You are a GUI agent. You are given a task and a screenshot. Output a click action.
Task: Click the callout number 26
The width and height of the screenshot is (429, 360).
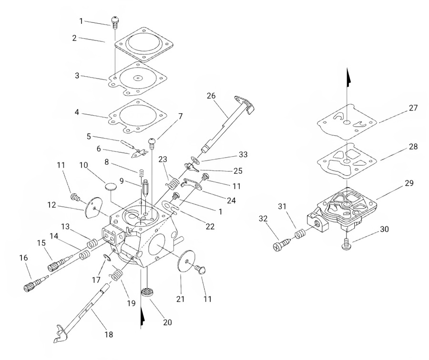point(211,95)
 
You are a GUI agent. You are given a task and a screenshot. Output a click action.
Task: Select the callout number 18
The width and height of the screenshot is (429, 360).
point(109,334)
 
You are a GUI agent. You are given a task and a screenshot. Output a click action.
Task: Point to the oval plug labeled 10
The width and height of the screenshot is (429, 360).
point(111,184)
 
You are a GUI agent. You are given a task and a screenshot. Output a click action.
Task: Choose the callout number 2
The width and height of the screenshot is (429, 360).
point(74,38)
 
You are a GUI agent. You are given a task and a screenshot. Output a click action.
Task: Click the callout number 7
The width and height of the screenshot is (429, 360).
point(180,116)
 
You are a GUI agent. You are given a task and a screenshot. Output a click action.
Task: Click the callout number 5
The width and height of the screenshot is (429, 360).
point(88,136)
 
